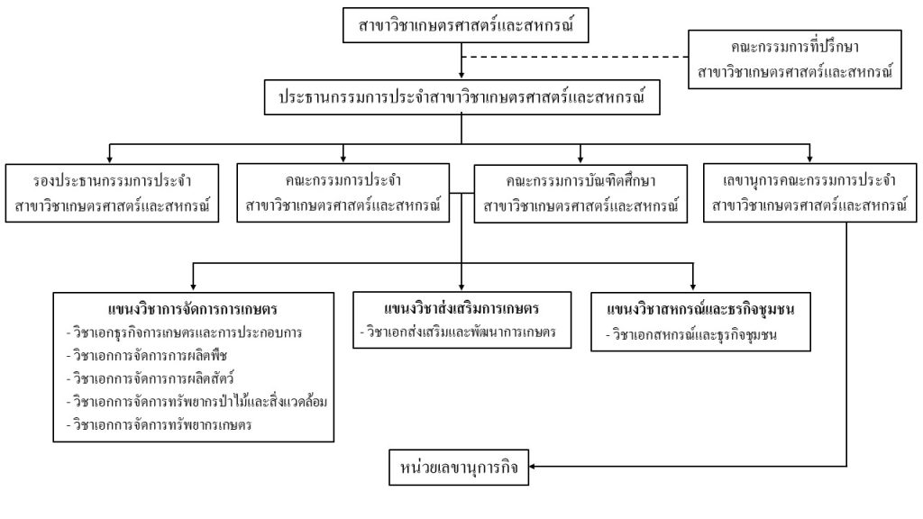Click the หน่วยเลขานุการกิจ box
pos(459,467)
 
